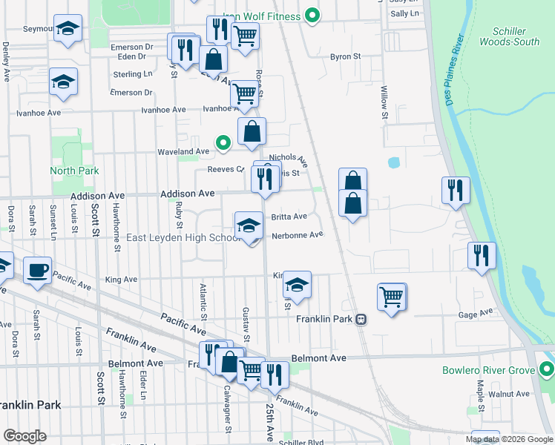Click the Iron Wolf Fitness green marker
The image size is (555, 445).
pos(312,15)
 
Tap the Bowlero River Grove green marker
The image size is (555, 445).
pos(547,369)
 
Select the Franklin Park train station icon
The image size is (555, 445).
pos(361,319)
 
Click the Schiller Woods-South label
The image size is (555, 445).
pos(510,36)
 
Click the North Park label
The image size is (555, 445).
pos(74,171)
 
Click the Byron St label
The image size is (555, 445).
pos(345,56)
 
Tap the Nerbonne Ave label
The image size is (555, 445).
pos(298,235)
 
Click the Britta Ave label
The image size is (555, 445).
pos(289,217)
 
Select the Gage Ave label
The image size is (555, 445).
pos(476,314)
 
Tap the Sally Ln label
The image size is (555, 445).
pos(404,13)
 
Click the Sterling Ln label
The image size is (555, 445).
pos(133,74)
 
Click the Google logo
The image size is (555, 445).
pos(24,435)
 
